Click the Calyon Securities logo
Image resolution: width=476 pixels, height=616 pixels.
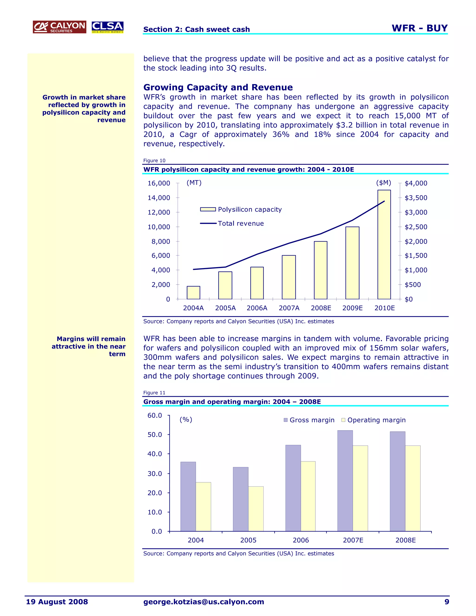click(x=59, y=27)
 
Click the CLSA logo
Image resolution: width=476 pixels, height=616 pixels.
click(x=107, y=27)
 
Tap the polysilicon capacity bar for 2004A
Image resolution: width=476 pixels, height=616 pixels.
click(x=193, y=292)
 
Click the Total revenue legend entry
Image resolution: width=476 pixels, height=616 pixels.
click(x=232, y=223)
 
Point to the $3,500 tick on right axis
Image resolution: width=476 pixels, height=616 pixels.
click(x=416, y=198)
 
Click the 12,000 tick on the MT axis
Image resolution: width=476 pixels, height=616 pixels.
click(x=159, y=212)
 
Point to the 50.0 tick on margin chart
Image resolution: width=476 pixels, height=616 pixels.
click(x=155, y=435)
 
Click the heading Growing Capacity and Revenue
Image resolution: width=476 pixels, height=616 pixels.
click(x=218, y=87)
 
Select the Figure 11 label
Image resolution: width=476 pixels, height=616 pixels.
click(x=154, y=393)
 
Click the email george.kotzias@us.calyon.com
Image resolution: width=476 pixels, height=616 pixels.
click(x=204, y=602)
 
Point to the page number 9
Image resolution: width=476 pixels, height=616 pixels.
click(x=447, y=602)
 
